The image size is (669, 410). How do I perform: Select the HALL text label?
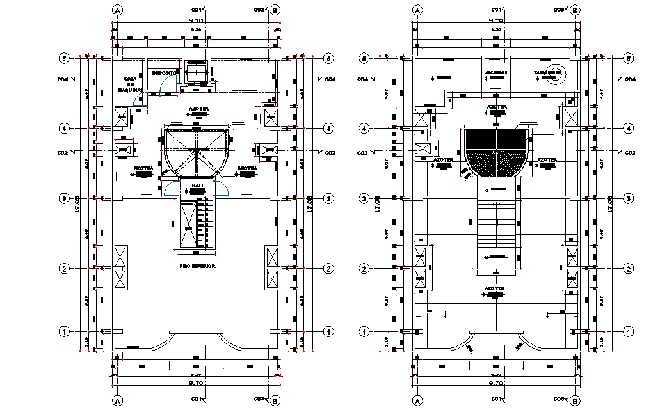pos(197,185)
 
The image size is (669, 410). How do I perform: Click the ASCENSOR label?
pos(496,72)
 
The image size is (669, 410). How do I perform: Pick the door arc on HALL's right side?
pos(222,188)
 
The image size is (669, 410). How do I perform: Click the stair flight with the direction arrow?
pos(497,230)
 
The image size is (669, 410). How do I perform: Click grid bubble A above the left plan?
pos(117,10)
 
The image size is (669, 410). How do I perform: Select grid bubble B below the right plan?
pos(574,400)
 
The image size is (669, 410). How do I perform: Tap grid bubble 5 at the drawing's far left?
pos(64,58)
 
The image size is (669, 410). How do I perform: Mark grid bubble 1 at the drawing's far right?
pos(629,331)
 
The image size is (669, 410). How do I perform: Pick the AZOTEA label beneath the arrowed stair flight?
pos(494,288)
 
